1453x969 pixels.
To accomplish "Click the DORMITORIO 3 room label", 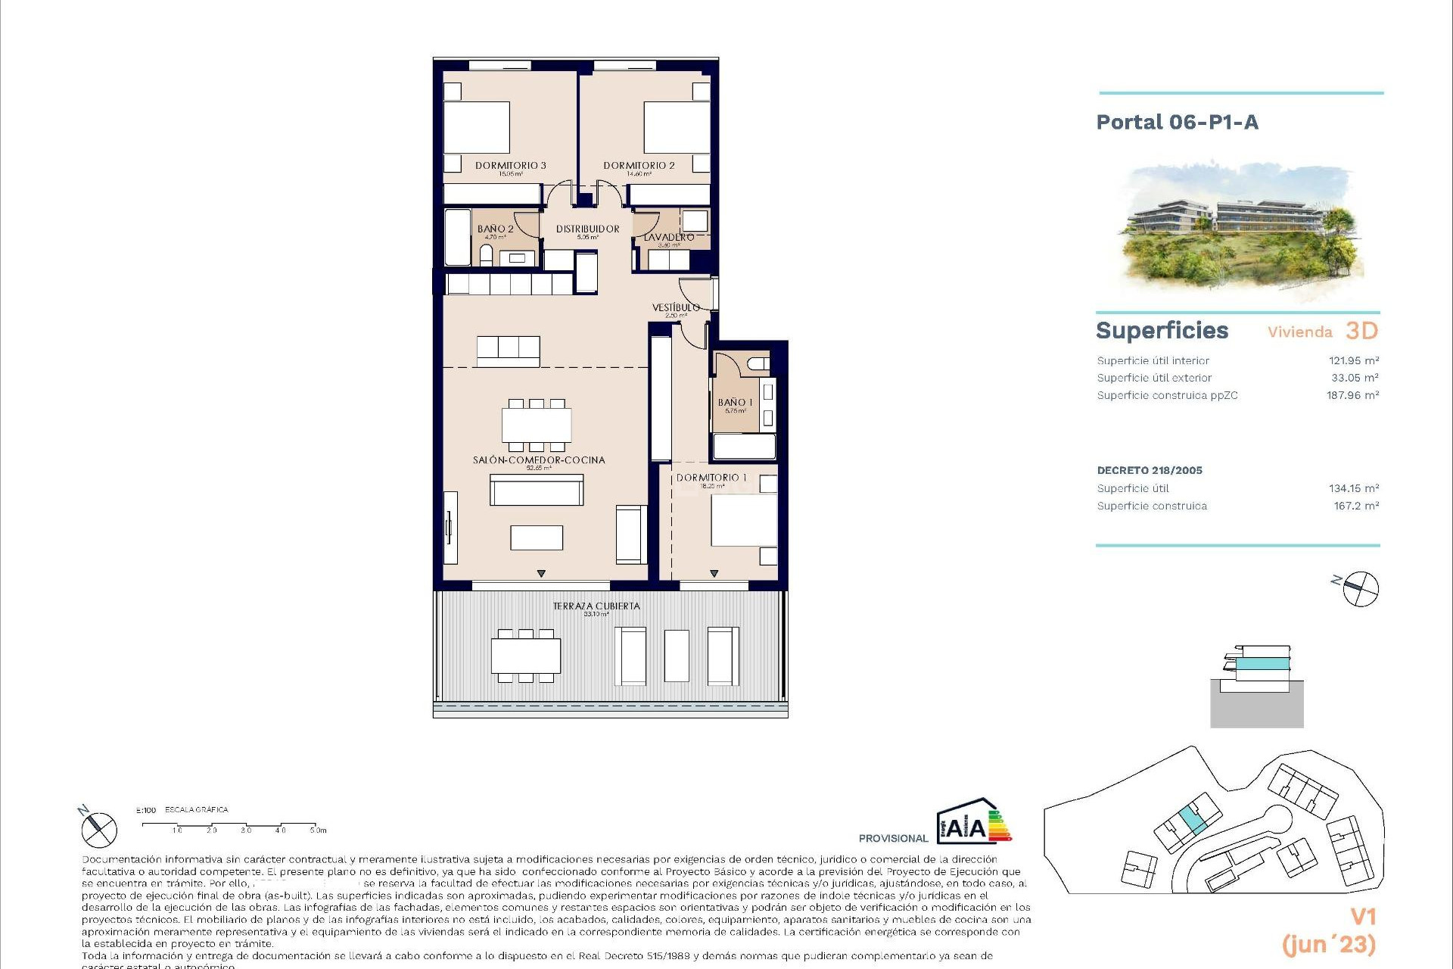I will [x=510, y=166].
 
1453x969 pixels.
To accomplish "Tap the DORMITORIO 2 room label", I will [x=639, y=166].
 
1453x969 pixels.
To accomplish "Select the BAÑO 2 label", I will [x=495, y=229].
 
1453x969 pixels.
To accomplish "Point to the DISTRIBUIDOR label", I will [x=587, y=229].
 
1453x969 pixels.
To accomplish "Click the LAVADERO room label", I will [x=668, y=238].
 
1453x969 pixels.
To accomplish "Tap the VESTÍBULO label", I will [x=676, y=307].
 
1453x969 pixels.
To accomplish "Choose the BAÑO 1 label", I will [x=735, y=403].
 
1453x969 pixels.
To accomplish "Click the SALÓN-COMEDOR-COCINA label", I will [x=538, y=460].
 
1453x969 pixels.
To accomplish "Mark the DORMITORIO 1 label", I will [x=711, y=478].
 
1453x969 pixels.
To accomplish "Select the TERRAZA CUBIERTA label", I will [x=596, y=606].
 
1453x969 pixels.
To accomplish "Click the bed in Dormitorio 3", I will [x=476, y=127].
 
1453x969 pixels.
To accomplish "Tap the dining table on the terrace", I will [x=525, y=656].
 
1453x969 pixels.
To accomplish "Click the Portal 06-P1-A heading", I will [x=1177, y=123].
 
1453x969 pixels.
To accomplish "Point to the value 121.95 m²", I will [x=1353, y=360].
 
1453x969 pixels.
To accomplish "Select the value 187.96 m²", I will [x=1352, y=395].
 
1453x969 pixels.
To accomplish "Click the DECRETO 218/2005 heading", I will [x=1149, y=470].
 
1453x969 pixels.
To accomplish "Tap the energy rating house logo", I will [x=973, y=822].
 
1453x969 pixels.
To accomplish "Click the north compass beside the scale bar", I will [x=98, y=829].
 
